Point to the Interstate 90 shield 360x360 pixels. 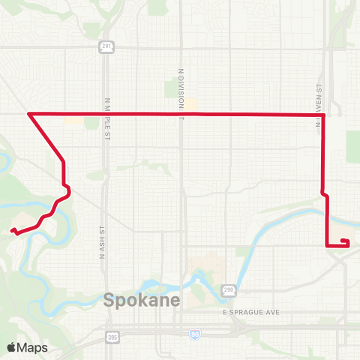point(194,334)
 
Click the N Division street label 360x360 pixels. point(181,94)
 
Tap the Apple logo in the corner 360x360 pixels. point(12,347)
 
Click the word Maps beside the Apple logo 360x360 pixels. point(33,347)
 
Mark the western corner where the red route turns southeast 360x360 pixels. point(28,114)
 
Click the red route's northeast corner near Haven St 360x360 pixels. point(323,115)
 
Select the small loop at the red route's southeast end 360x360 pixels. point(344,241)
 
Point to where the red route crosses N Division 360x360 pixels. point(181,114)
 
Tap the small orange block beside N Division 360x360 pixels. point(191,106)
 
